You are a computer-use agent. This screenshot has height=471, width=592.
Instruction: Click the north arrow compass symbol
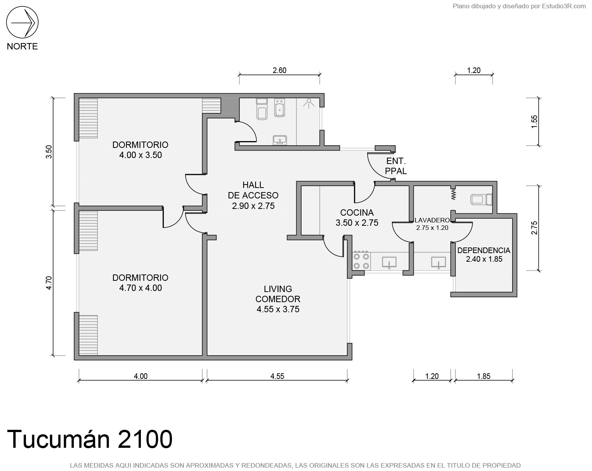[x=22, y=22]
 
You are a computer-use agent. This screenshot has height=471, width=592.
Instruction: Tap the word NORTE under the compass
[x=22, y=46]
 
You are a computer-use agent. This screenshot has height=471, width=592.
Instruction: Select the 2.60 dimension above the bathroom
[x=280, y=70]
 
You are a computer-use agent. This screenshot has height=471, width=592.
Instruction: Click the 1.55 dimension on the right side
[x=534, y=121]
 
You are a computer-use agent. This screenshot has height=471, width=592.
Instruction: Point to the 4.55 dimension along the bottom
[x=277, y=376]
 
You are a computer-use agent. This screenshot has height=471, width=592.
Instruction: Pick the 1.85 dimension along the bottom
[x=484, y=376]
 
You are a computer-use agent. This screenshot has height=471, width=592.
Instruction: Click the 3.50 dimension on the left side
[x=49, y=152]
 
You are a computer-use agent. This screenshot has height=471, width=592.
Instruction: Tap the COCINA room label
[x=357, y=213]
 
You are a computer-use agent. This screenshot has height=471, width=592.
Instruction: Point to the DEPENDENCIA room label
[x=484, y=250]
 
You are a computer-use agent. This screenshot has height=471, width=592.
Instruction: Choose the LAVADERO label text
[x=432, y=220]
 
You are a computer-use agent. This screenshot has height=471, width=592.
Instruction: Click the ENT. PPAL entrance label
[x=396, y=166]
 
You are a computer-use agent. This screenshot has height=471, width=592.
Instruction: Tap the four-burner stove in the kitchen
[x=362, y=261]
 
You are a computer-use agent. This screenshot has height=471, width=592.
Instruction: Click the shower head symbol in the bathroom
[x=309, y=103]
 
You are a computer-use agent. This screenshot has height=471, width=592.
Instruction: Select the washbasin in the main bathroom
[x=280, y=140]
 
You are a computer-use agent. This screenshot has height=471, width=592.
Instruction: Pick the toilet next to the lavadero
[x=481, y=200]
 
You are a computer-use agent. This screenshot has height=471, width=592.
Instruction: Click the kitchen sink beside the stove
[x=389, y=262]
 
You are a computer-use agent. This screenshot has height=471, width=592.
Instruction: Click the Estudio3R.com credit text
[x=564, y=6]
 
